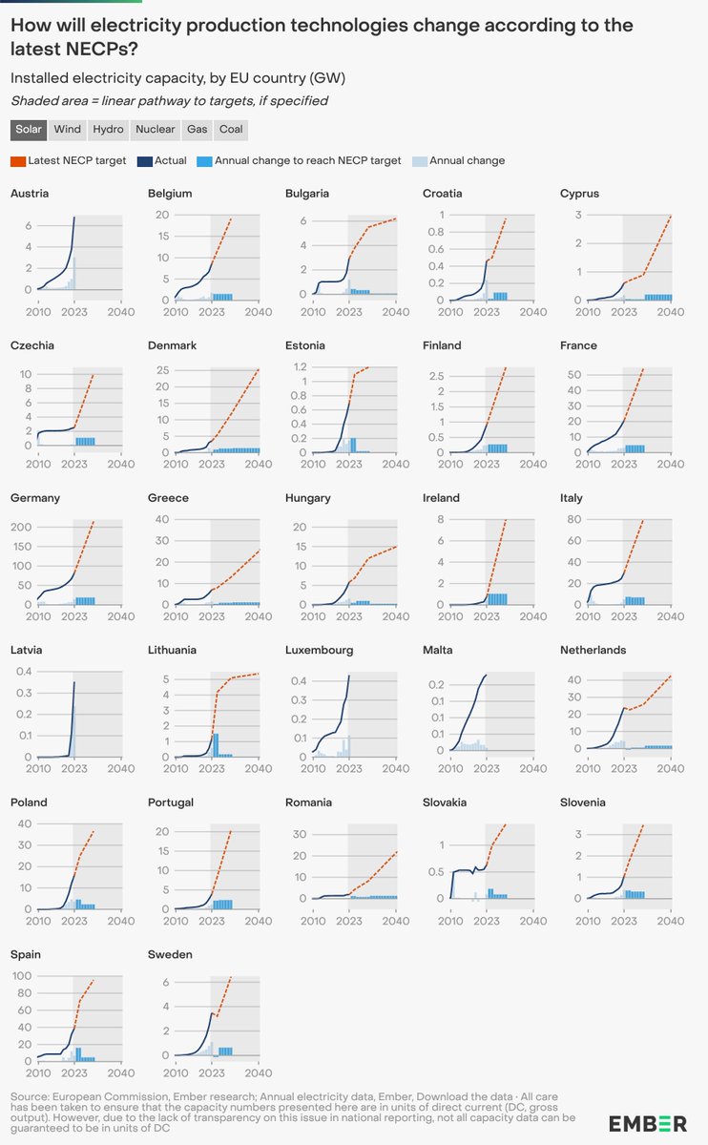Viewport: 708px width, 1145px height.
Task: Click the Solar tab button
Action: click(x=30, y=129)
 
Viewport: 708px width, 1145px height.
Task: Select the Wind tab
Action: click(x=68, y=129)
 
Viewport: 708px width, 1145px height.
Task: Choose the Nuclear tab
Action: click(x=155, y=129)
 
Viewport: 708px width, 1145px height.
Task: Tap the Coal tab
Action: click(x=231, y=129)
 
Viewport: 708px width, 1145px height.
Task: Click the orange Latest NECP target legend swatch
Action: click(x=18, y=160)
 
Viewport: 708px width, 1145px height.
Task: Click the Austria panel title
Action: click(x=30, y=194)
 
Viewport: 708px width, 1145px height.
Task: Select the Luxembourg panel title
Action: click(x=320, y=650)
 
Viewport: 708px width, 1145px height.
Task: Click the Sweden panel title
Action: click(x=170, y=954)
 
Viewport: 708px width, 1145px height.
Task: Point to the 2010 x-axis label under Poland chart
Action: click(x=37, y=922)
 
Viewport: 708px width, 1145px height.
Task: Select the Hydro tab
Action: click(x=108, y=129)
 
